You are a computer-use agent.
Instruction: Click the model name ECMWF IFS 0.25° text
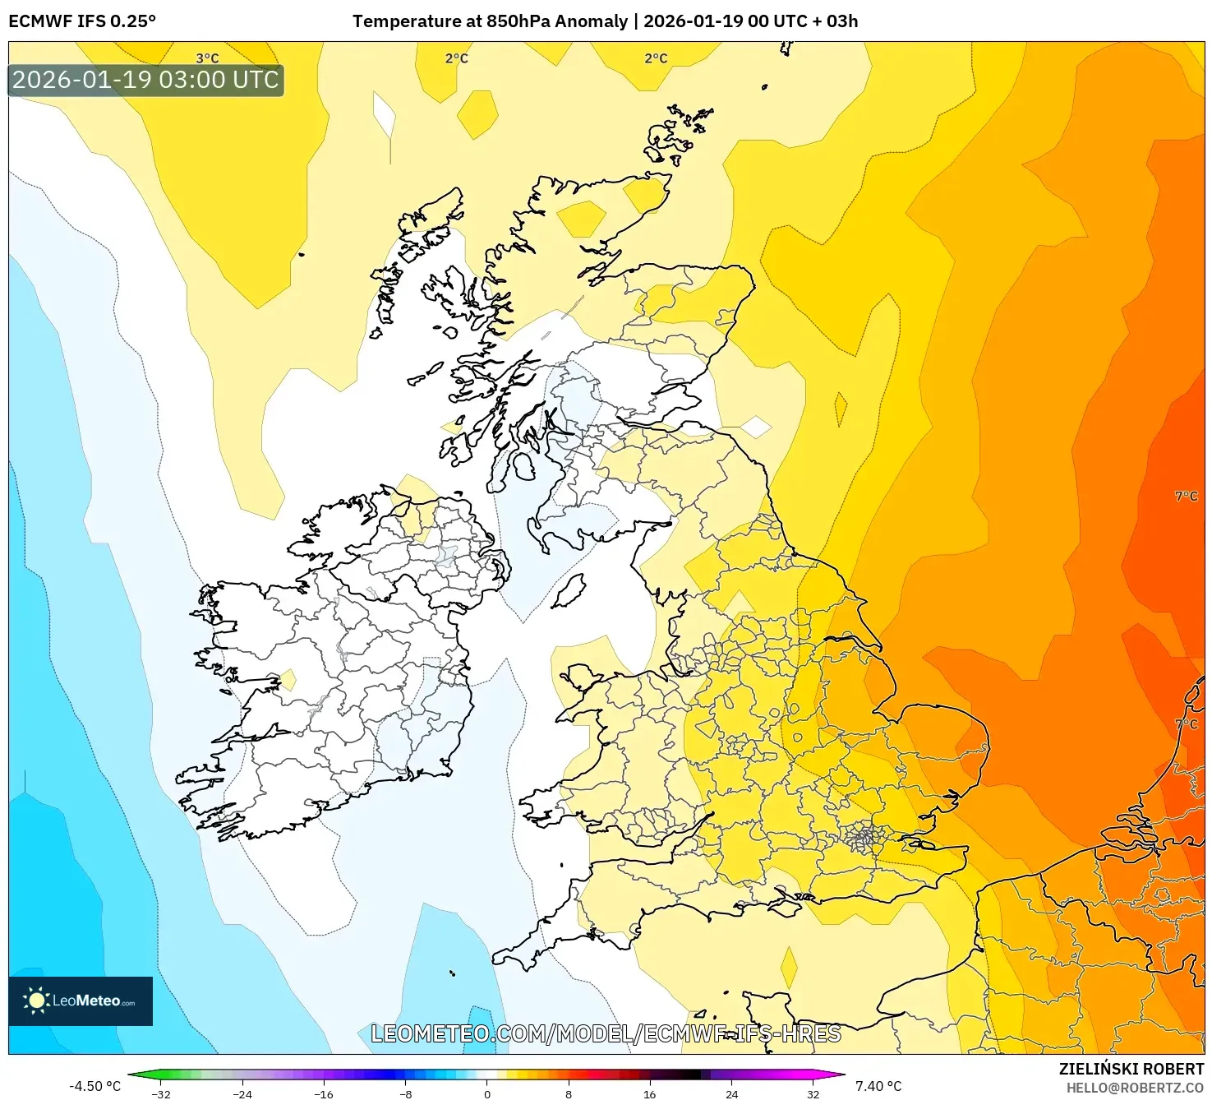tap(81, 21)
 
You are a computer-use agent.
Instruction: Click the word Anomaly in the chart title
tap(591, 21)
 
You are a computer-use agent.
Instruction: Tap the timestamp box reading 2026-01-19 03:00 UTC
tap(145, 81)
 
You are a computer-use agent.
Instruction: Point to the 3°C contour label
tap(207, 58)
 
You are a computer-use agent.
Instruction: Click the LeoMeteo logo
tap(81, 1001)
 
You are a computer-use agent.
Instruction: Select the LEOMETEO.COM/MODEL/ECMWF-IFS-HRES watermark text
tap(606, 1033)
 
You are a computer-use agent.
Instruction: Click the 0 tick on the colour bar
tap(487, 1093)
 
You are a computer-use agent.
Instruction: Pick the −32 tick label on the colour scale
tap(161, 1093)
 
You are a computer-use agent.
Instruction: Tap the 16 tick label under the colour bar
tap(649, 1093)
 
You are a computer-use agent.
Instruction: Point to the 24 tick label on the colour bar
tap(731, 1093)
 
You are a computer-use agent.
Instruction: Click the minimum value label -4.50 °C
tap(94, 1086)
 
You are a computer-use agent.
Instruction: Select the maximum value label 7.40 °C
tap(878, 1086)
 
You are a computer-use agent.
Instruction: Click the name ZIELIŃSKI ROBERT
tap(1131, 1069)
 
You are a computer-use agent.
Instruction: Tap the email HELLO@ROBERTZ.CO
tap(1135, 1088)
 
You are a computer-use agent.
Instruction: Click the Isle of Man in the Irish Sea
tap(569, 590)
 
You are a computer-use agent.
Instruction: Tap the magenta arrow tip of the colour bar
tap(840, 1074)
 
